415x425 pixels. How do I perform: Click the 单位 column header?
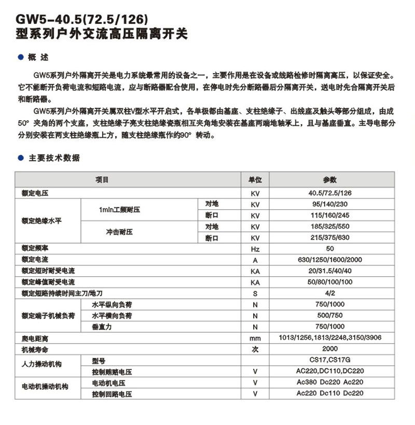(x=255, y=180)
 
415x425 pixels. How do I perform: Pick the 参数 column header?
(x=330, y=180)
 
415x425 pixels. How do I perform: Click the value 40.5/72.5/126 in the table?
(x=330, y=193)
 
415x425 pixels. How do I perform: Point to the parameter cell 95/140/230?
(x=330, y=204)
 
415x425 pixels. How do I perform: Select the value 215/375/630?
(x=330, y=238)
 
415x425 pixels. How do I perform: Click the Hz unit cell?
(x=255, y=249)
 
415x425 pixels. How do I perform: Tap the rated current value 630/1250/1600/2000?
(x=330, y=260)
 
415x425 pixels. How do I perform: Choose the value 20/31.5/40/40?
(x=330, y=271)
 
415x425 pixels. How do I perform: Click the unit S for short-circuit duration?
(x=255, y=293)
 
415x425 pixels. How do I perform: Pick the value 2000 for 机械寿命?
(x=330, y=349)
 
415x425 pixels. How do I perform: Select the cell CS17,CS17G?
(x=330, y=360)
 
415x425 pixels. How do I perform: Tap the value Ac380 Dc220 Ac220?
(x=330, y=382)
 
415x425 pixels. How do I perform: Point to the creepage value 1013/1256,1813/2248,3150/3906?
(x=330, y=338)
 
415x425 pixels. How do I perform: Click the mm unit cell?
(x=255, y=338)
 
